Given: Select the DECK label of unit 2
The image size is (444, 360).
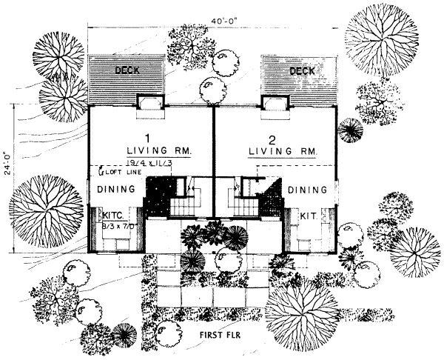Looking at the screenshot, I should coord(302,71).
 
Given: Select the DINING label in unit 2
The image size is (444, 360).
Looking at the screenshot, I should coord(307,190).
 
